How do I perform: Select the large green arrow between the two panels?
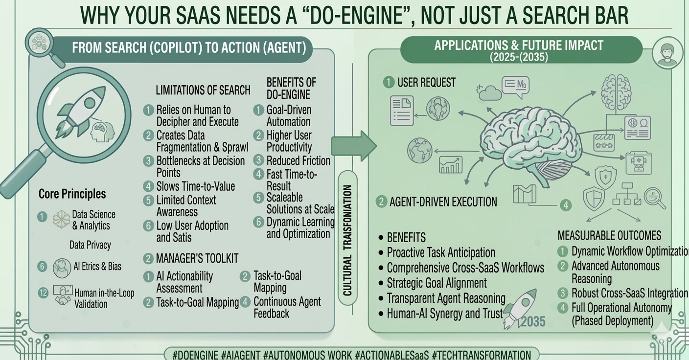353,146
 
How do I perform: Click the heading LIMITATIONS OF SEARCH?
203,90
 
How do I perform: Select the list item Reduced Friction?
298,160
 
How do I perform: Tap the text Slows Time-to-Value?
195,186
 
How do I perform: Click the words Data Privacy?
90,245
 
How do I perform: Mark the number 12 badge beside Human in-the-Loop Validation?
43,293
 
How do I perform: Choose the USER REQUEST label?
426,82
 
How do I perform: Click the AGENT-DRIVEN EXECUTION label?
443,202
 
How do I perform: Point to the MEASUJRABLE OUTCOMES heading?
609,235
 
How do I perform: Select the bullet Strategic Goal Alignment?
436,283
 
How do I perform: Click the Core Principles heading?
72,194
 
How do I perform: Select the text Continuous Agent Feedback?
287,307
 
